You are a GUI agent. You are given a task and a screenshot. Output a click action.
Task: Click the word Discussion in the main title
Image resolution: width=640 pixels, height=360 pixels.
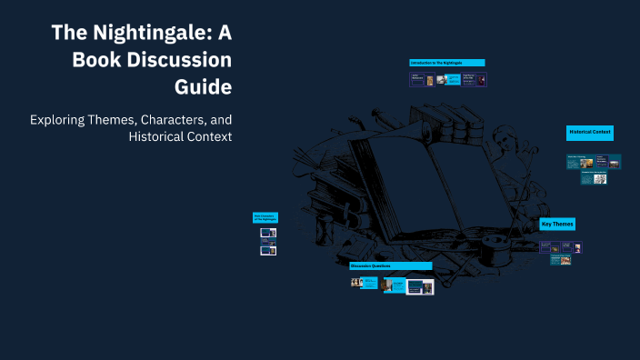[x=177, y=60]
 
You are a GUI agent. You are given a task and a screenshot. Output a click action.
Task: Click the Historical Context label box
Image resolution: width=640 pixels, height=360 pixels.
[x=590, y=133]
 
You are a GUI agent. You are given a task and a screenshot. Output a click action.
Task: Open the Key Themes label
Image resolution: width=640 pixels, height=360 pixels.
[x=557, y=224]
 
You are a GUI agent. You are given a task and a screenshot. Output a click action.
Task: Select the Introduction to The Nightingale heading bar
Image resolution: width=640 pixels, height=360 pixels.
[x=446, y=63]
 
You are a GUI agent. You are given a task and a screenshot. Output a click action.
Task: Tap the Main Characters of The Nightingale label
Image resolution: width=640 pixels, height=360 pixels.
[x=265, y=217]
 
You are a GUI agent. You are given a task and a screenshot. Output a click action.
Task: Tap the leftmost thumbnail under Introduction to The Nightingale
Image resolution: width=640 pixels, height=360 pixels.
[x=417, y=80]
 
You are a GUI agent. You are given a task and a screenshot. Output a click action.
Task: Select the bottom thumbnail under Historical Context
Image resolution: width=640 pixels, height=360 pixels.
[x=600, y=179]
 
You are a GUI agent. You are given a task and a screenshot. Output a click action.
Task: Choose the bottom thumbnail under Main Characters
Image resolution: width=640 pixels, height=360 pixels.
[x=268, y=250]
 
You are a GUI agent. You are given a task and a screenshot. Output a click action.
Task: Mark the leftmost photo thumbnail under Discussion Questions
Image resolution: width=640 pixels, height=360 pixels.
[x=357, y=283]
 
